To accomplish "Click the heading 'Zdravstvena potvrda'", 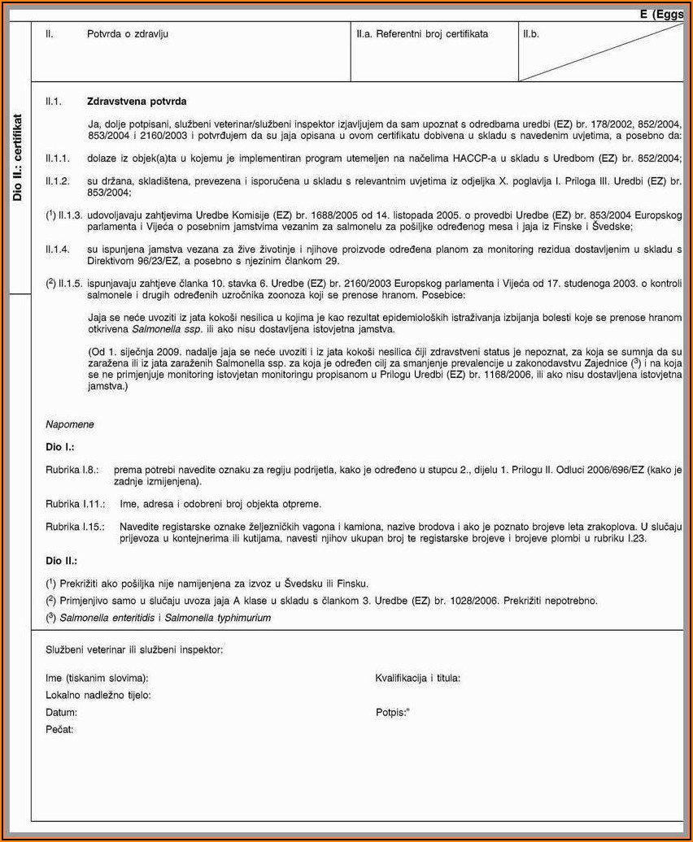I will point(137,102).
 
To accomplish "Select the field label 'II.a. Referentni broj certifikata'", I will point(422,34).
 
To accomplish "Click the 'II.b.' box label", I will point(533,34).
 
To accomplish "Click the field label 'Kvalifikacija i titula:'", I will point(418,678).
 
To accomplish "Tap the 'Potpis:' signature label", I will point(392,712).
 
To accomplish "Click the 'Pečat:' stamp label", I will point(59,729).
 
